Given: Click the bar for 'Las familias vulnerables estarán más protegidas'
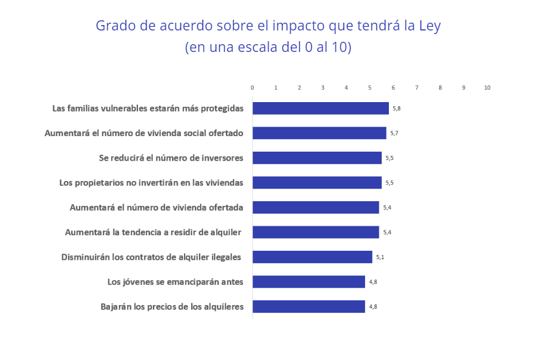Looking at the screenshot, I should click(320, 108).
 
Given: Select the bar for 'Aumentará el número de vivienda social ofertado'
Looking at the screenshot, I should click(319, 133).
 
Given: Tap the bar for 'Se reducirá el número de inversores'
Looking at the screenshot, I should click(317, 158).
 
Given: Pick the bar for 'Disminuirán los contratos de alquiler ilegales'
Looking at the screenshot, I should click(312, 257).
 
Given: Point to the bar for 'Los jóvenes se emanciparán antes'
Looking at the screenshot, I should click(308, 282).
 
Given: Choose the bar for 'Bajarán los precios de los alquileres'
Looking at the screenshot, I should click(308, 306).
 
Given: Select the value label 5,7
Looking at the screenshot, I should click(394, 133).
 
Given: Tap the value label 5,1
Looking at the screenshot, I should click(380, 257).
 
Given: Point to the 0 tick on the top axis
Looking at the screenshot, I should click(253, 88).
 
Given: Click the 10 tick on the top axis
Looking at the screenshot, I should click(487, 88).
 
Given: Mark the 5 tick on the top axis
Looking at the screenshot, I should click(370, 88).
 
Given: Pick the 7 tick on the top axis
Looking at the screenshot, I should click(417, 88).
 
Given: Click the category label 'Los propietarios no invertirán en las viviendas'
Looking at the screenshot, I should click(151, 183).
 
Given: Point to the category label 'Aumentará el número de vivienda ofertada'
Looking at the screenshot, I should click(157, 207).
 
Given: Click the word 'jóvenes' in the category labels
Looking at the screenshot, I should click(140, 282).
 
